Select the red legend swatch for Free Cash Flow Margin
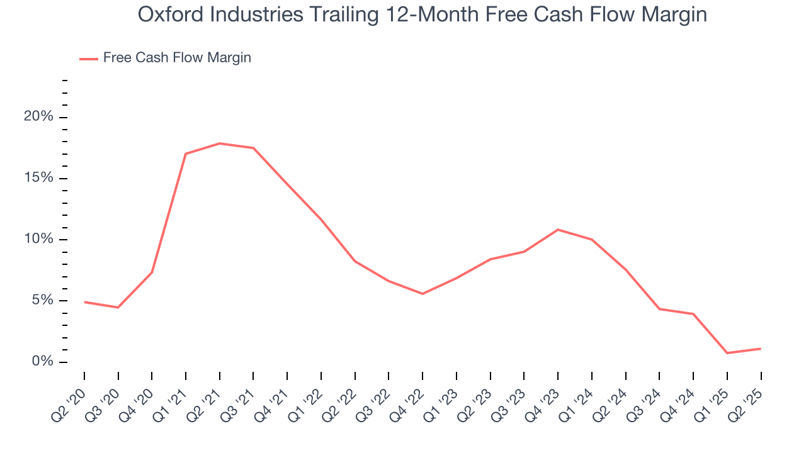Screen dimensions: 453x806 [x=88, y=59]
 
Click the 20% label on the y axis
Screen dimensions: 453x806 [x=38, y=117]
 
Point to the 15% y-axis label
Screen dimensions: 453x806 [x=38, y=178]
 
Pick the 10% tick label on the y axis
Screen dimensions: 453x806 [x=38, y=239]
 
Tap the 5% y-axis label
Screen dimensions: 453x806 [x=42, y=300]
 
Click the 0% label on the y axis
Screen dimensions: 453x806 [x=42, y=362]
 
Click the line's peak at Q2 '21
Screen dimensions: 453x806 [x=220, y=143]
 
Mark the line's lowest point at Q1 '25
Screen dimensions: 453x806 [x=727, y=353]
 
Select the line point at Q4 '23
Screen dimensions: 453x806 [x=558, y=230]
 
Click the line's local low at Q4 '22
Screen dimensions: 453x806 [x=423, y=294]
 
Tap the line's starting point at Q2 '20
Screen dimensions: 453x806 [x=84, y=302]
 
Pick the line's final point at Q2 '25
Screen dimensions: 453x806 [x=761, y=349]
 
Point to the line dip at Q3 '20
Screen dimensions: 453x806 [x=118, y=307]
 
